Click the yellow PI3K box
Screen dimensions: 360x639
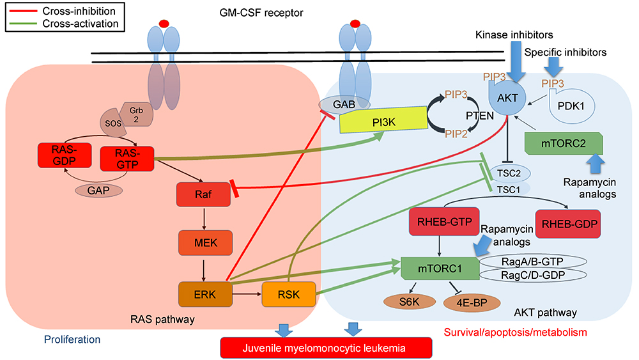(382, 121)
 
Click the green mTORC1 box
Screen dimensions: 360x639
(440, 269)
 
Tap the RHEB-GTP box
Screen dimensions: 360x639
(440, 222)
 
